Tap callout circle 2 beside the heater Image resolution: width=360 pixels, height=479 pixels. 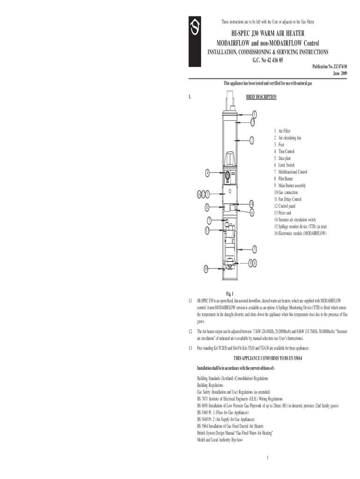pyautogui.click(x=252, y=140)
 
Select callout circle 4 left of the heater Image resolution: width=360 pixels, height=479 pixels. pyautogui.click(x=207, y=173)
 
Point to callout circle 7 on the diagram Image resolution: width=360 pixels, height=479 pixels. pyautogui.click(x=209, y=220)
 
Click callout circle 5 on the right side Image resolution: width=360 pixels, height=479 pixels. pyautogui.click(x=254, y=248)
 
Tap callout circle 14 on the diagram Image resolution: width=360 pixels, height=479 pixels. pyautogui.click(x=252, y=203)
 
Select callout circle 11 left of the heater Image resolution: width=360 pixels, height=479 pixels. pyautogui.click(x=207, y=207)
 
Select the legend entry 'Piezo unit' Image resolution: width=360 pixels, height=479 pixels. pyautogui.click(x=283, y=213)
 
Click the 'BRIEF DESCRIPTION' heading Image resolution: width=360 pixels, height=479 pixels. pyautogui.click(x=261, y=97)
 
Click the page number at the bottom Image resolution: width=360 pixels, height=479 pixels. pyautogui.click(x=266, y=457)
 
